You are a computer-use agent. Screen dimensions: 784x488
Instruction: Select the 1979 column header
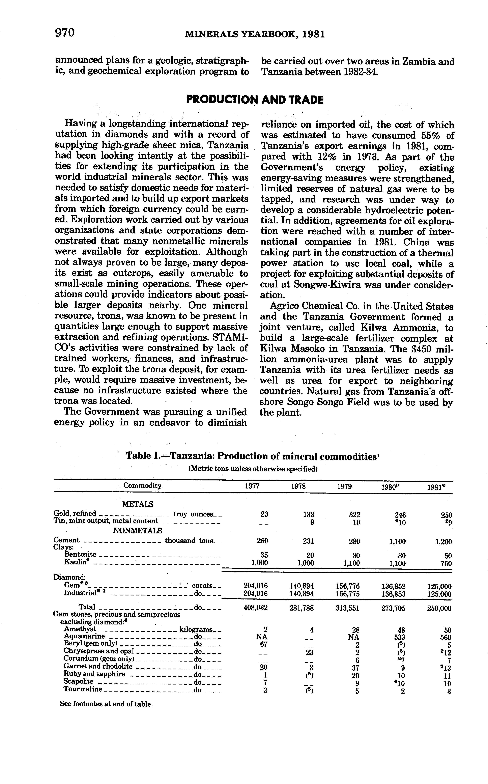tap(344, 486)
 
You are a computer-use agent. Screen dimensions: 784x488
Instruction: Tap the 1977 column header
tap(252, 486)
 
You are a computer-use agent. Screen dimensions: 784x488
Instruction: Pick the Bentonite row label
tap(80, 554)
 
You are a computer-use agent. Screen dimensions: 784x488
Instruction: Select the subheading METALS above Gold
tap(138, 504)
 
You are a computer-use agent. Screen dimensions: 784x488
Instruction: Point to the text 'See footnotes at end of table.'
tap(106, 704)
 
